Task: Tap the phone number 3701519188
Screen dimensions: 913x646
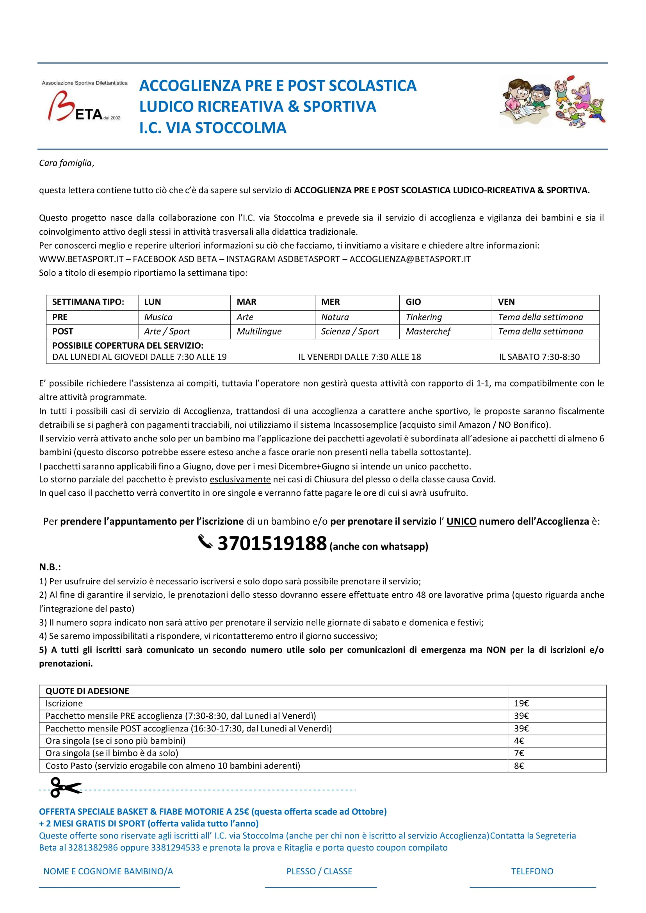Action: [272, 543]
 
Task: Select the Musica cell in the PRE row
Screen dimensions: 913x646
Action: [158, 317]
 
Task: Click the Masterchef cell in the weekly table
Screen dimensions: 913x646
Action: [428, 331]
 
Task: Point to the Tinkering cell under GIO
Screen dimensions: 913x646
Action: [424, 317]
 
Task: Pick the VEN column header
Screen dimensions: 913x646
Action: [506, 302]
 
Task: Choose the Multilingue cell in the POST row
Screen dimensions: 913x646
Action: [259, 331]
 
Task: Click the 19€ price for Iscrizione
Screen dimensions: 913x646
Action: [521, 703]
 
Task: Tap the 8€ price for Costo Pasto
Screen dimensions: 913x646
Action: [519, 765]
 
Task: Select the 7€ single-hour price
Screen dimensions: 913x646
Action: [519, 753]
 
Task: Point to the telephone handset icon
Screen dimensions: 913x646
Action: [205, 542]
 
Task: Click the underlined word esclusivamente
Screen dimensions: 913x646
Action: [240, 479]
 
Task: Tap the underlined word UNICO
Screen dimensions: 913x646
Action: [461, 521]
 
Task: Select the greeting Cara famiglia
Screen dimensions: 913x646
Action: [66, 163]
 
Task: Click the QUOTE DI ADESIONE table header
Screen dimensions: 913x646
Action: [87, 691]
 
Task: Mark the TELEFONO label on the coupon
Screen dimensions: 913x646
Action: [532, 871]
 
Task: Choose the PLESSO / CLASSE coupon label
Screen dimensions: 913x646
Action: [319, 871]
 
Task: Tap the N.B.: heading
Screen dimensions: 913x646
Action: [50, 567]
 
